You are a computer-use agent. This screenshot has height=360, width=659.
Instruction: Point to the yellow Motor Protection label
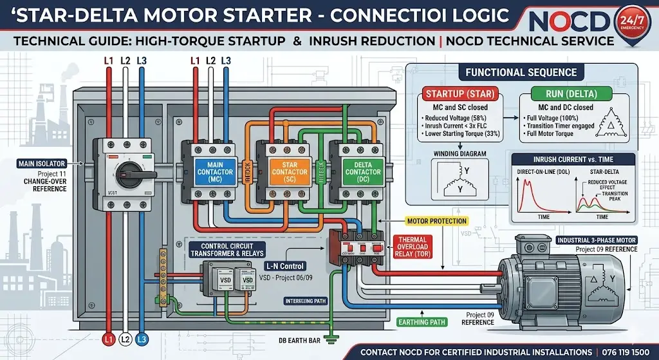[x=436, y=222]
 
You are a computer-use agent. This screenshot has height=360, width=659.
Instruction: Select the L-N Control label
[x=284, y=266]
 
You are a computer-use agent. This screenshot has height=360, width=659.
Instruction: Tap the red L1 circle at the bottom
[x=108, y=339]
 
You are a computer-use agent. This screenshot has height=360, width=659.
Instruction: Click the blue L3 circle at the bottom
[x=143, y=339]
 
